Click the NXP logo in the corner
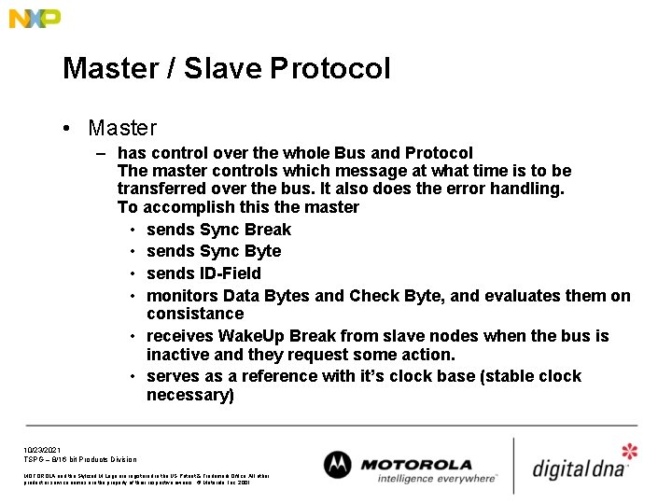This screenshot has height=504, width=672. (x=35, y=18)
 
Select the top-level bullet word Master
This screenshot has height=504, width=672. (x=122, y=128)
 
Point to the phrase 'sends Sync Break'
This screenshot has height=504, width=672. (x=218, y=230)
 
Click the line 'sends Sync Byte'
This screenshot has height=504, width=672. (x=214, y=251)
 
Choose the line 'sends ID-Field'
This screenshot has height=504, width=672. (x=203, y=273)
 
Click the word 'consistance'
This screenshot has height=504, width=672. (x=195, y=314)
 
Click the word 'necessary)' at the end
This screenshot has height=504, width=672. (x=190, y=395)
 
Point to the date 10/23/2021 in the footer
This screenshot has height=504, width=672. (x=42, y=449)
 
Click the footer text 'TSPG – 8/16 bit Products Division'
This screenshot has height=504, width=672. (x=80, y=459)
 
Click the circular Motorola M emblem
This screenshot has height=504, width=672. (x=339, y=465)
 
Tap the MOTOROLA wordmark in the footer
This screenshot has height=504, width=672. (x=416, y=464)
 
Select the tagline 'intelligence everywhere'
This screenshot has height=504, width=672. (x=437, y=479)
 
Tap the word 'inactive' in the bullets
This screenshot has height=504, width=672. (x=178, y=355)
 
